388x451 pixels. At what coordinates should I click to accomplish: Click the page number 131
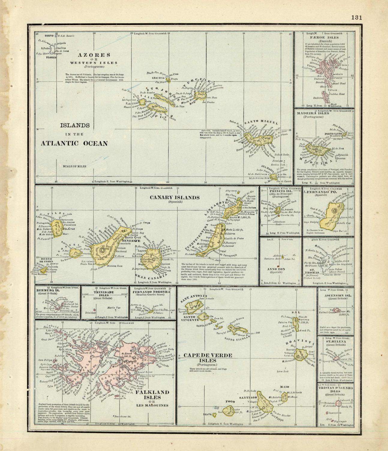356,17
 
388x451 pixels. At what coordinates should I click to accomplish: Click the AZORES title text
90,55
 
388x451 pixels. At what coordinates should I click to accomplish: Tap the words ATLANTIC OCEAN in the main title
74,143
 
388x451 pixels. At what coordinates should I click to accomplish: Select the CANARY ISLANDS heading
175,198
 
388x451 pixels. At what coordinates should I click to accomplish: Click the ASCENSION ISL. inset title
335,296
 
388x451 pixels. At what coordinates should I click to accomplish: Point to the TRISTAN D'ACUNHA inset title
335,388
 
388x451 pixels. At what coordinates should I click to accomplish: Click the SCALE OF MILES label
74,166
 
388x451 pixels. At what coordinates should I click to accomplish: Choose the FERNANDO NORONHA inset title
152,292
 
